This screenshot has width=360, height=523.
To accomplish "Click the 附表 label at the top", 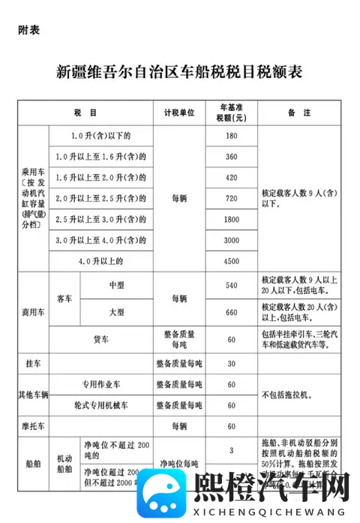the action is tap(28, 31).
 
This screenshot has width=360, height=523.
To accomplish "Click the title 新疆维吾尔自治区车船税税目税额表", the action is tap(179, 72).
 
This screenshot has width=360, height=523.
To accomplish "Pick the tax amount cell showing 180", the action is tap(231, 136).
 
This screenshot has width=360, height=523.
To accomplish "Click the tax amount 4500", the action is tap(231, 261).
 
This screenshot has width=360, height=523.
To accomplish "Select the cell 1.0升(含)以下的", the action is tap(100, 136).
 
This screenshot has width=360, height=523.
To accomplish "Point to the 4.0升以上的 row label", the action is tap(100, 261).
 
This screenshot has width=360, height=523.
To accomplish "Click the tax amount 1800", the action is tap(231, 219).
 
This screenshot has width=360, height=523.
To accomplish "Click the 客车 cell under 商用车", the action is tap(64, 299).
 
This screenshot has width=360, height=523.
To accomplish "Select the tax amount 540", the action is tap(231, 286).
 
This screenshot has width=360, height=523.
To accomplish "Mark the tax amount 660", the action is tap(231, 311).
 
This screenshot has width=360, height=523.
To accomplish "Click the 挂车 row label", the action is tap(33, 362).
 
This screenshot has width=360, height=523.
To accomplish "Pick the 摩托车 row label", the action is tap(33, 425).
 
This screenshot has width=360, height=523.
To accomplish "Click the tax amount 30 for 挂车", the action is tap(231, 362).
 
